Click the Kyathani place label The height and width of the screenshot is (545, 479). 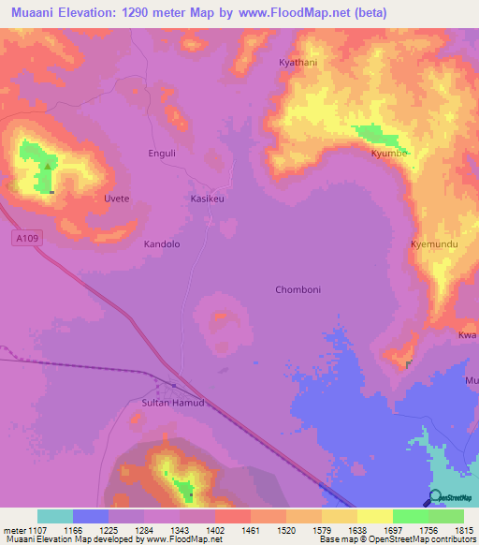pos(298,63)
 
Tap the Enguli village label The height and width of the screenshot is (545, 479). pos(163,153)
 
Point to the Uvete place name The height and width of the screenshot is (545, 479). pos(116,199)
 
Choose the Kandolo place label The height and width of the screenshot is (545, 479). pos(161,243)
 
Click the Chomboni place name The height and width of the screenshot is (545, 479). pos(298,289)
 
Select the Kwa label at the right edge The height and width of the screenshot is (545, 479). pos(467,335)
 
